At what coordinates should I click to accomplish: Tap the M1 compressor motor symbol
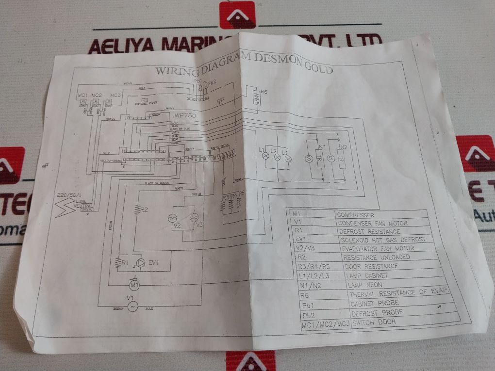(x=134, y=284)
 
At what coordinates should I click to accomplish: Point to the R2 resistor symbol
(x=138, y=210)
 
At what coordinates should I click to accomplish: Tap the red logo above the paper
(x=237, y=15)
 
